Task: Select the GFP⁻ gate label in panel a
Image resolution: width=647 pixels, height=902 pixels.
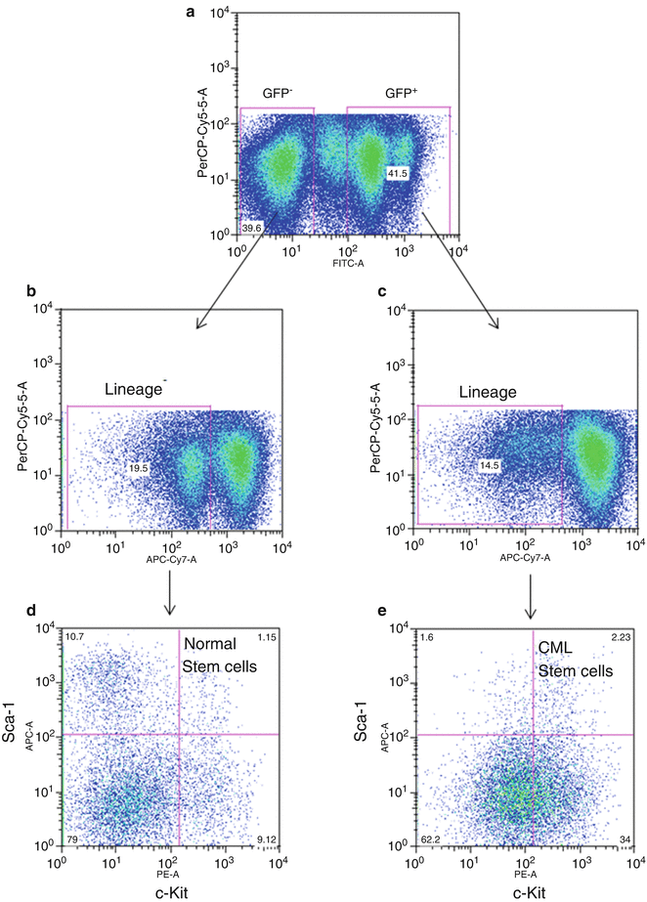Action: (x=277, y=94)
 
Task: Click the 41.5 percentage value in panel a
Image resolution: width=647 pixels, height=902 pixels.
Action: (x=397, y=172)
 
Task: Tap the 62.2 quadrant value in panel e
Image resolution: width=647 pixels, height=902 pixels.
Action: (x=431, y=839)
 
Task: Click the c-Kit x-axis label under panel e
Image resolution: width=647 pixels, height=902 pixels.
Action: (x=527, y=888)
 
